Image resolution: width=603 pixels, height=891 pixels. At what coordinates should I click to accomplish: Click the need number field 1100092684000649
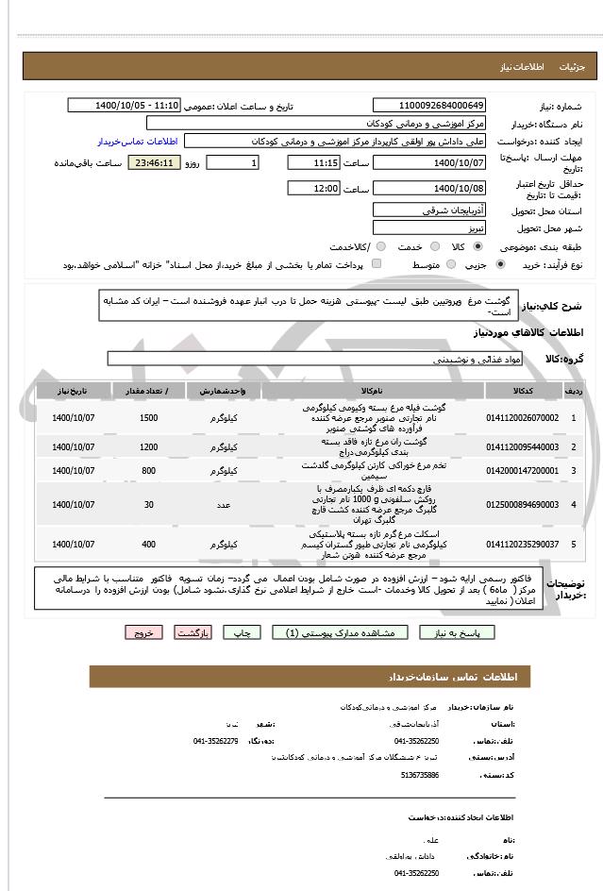(x=430, y=105)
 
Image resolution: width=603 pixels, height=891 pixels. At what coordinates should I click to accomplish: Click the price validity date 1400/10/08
(x=430, y=189)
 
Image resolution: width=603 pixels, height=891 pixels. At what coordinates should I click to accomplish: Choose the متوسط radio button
(x=450, y=265)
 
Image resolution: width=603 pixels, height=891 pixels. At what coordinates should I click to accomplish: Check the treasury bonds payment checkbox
(x=378, y=265)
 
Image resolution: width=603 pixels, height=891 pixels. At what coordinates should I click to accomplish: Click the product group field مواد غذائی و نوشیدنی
(x=310, y=359)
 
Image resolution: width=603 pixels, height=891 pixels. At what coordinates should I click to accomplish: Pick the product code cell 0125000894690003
(x=522, y=505)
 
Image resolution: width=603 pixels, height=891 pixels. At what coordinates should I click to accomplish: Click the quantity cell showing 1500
(x=148, y=417)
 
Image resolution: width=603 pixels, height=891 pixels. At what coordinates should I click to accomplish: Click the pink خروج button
(x=143, y=632)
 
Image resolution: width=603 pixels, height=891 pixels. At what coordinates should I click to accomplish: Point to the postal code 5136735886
(x=419, y=775)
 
